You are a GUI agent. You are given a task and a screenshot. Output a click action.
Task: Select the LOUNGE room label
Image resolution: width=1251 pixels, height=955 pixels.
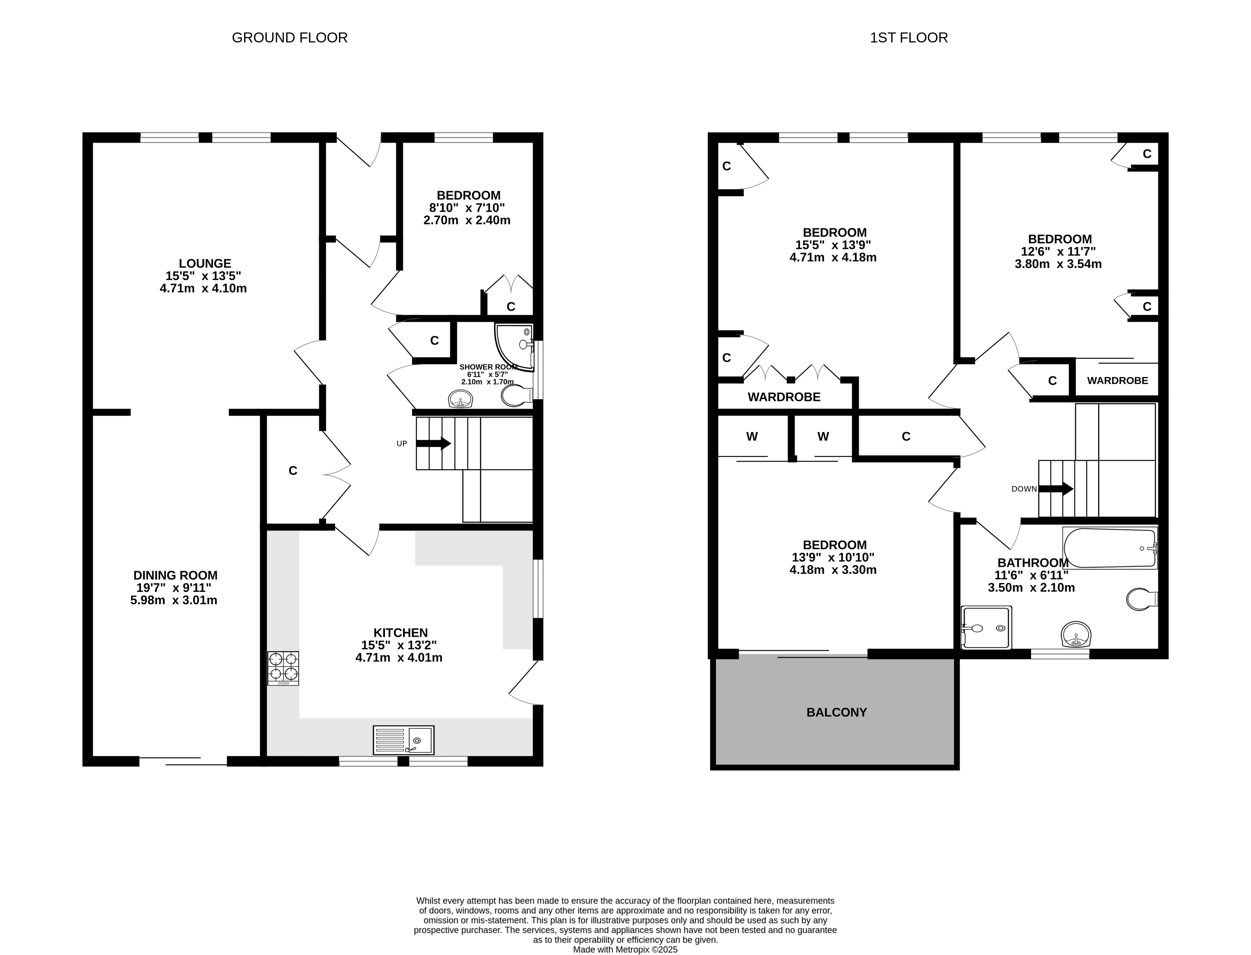point(205,263)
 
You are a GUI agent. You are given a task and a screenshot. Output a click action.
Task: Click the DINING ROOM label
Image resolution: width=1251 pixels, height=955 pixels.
point(175,575)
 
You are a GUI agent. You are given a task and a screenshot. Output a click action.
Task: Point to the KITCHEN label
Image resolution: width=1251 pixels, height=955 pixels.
point(400,633)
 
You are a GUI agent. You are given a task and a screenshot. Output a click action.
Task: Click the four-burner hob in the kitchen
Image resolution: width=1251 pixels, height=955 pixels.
point(283,668)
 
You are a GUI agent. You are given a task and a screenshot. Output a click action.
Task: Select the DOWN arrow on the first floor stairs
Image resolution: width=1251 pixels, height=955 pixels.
point(1056,488)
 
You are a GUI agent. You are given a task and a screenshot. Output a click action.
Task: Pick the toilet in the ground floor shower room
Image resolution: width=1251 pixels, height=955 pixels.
point(517,396)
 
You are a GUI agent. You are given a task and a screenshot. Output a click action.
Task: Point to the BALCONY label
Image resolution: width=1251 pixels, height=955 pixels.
point(836,712)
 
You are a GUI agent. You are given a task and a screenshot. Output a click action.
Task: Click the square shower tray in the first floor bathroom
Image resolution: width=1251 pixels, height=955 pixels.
point(986,628)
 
